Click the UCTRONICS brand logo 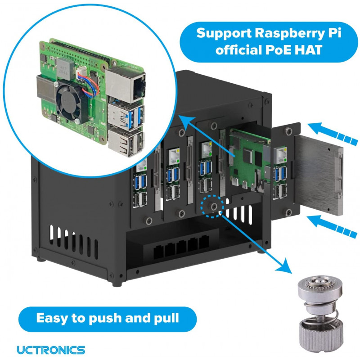pyautogui.click(x=50, y=349)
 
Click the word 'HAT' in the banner pyautogui.click(x=307, y=50)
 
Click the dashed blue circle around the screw pyautogui.click(x=212, y=207)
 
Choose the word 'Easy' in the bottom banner pyautogui.click(x=51, y=318)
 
